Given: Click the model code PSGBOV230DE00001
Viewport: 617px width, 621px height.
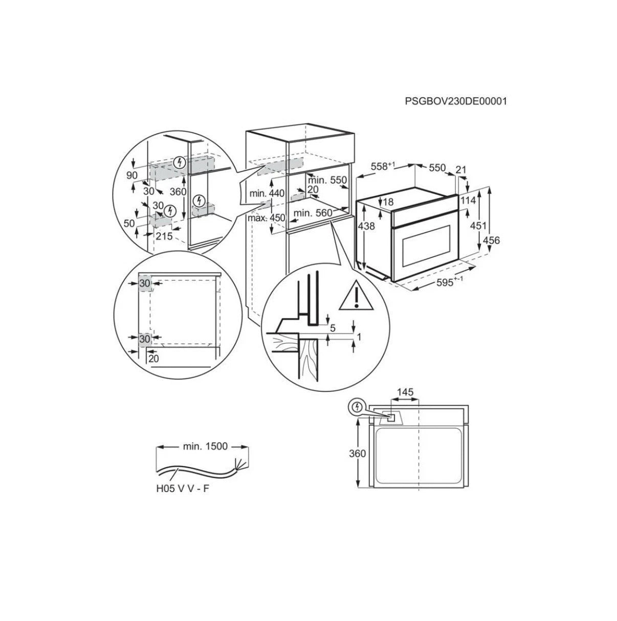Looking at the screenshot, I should [x=455, y=101].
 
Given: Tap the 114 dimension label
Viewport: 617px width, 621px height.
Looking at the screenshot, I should [x=468, y=199].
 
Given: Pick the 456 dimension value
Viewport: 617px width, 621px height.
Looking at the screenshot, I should [x=492, y=240].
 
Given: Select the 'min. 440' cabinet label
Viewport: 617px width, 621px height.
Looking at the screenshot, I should [x=267, y=193].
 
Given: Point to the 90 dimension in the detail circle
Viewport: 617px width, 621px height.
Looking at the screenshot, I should [x=133, y=175].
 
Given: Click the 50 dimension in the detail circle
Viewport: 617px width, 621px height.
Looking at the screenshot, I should [x=129, y=223].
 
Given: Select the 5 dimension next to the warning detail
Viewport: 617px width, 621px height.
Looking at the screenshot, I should [x=333, y=328].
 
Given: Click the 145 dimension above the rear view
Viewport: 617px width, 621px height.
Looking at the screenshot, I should [x=404, y=392].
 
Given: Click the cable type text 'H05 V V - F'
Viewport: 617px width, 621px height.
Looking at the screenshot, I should [x=183, y=489].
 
